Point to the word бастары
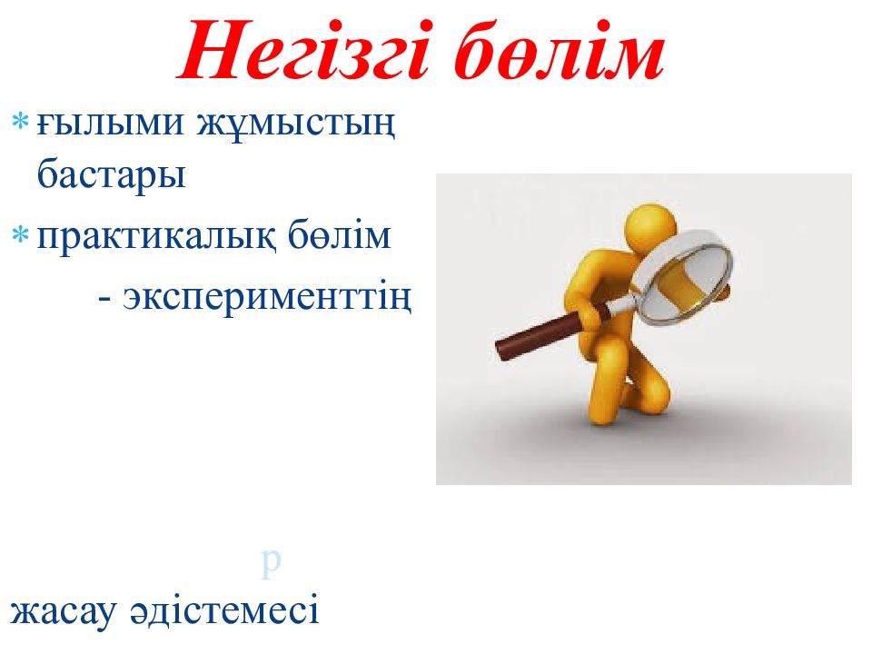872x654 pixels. click(112, 173)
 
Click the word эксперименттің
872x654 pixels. click(268, 297)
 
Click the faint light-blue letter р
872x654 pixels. click(270, 563)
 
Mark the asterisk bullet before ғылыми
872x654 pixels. click(21, 123)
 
